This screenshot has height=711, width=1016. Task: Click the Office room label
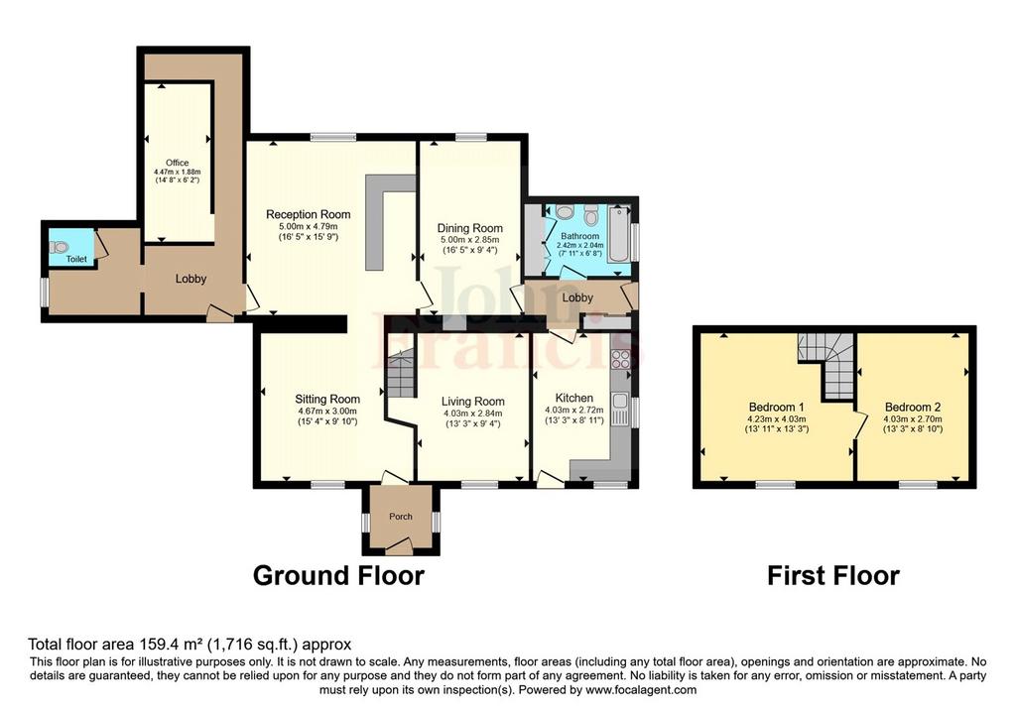177,163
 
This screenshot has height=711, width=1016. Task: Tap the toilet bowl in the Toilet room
61,247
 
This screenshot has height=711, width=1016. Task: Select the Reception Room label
308,214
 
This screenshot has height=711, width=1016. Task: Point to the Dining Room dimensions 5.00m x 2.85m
469,240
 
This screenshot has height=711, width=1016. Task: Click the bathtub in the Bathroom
619,233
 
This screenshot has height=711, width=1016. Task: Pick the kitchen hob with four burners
619,359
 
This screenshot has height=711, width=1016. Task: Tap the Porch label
401,516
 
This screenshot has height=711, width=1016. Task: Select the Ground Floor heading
338,576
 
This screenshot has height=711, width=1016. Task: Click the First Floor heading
833,576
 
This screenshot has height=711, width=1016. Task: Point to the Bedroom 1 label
776,408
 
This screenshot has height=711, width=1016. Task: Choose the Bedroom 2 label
913,408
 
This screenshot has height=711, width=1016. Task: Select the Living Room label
473,402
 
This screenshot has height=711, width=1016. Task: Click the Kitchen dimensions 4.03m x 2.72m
574,410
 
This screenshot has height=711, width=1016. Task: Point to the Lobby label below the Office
190,279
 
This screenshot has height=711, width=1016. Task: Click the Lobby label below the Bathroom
577,297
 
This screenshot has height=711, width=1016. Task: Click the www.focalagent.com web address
641,689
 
